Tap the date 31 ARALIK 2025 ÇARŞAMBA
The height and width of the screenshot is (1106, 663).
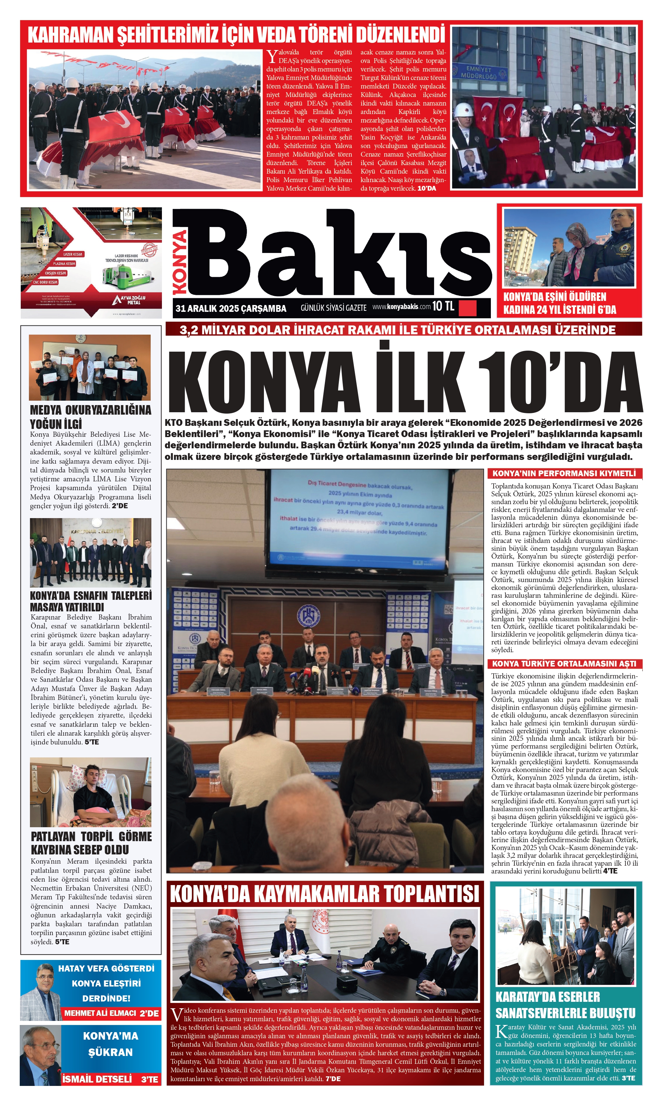[231, 308]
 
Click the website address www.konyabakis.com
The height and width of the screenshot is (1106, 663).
[401, 307]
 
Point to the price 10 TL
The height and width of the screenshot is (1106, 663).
[443, 306]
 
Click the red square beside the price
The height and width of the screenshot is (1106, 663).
[468, 308]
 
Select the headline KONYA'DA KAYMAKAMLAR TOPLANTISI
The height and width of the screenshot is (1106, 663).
[325, 581]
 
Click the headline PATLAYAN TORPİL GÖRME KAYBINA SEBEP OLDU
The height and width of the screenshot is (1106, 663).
[91, 843]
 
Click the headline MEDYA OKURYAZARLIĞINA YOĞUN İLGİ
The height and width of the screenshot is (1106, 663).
[90, 417]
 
